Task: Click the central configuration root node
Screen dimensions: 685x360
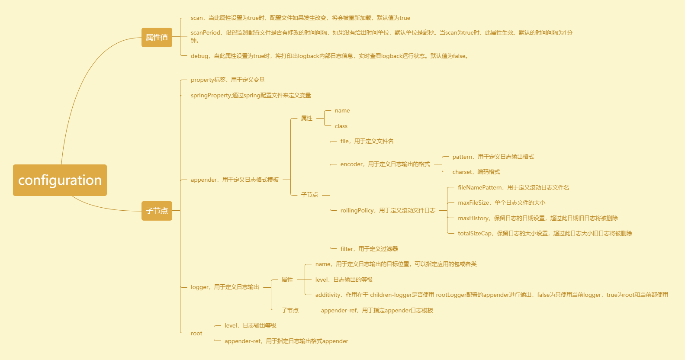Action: [x=60, y=180]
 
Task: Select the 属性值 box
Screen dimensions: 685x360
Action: [x=157, y=37]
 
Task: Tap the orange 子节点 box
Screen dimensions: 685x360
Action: [x=157, y=211]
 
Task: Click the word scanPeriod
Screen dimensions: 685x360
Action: [x=206, y=32]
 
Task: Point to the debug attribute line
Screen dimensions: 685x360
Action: [x=329, y=56]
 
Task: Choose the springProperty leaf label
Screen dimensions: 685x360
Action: [x=251, y=95]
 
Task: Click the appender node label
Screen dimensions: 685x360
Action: [x=235, y=180]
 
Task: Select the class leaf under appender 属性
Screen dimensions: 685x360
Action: [x=341, y=126]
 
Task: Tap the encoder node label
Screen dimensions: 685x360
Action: [x=385, y=164]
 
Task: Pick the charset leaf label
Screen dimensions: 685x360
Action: [x=476, y=172]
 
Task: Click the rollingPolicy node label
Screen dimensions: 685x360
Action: [x=388, y=210]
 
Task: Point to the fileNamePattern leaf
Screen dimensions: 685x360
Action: [x=513, y=187]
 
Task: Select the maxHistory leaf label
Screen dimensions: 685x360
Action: [x=537, y=218]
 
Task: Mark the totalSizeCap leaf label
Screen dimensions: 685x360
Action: [x=545, y=233]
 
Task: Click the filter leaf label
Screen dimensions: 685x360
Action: [x=369, y=249]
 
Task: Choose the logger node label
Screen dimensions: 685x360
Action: [x=225, y=287]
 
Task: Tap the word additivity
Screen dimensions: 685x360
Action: [x=328, y=295]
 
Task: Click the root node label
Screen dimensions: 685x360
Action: [x=196, y=333]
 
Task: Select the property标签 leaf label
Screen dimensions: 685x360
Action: [x=228, y=80]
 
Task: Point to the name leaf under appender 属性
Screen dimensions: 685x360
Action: [x=342, y=110]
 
